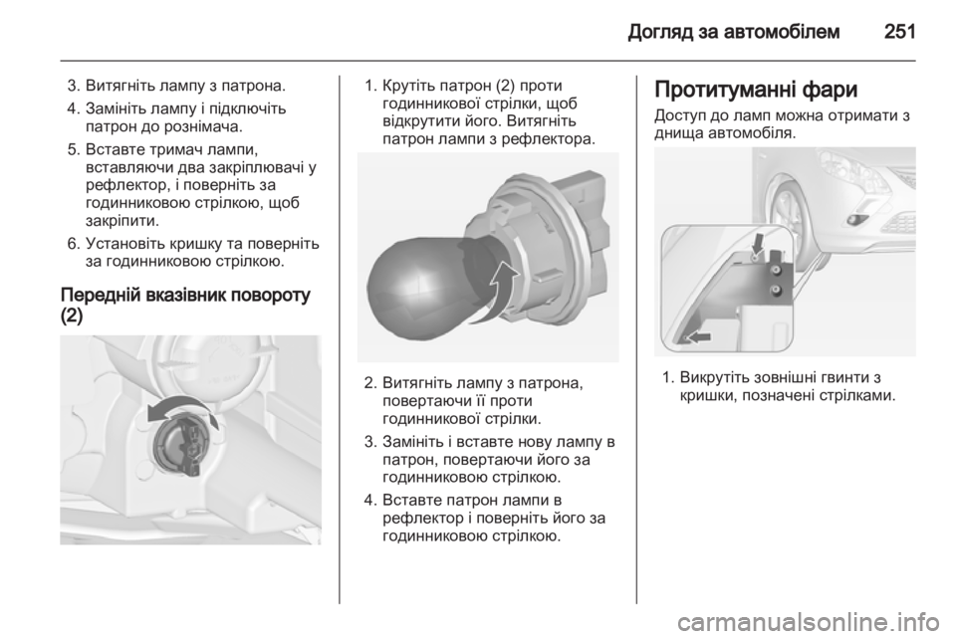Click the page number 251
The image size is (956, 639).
pos(899,31)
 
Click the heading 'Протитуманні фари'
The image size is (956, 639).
pos(756,90)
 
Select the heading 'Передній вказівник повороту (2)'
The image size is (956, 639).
pos(185,306)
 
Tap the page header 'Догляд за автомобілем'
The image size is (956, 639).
pos(734,31)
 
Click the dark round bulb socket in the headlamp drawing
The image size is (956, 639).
pos(178,445)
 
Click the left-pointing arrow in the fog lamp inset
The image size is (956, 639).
pos(698,335)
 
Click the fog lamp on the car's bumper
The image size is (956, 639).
pos(858,220)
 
